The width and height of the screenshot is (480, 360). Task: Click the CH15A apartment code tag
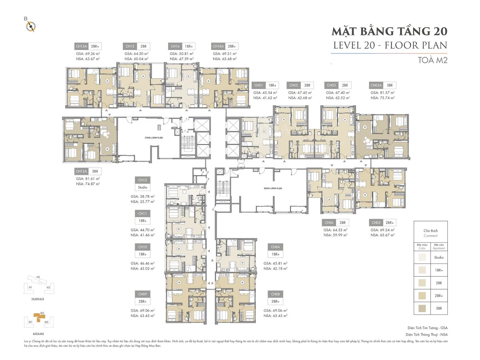(x=81, y=46)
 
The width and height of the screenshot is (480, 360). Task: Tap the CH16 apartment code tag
(x=175, y=46)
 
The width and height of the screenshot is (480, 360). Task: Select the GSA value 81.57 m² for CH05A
(x=382, y=93)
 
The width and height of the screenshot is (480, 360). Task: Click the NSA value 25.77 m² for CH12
(x=142, y=202)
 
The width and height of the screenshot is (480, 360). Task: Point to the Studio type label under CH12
(x=143, y=188)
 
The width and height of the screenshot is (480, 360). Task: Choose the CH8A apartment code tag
(x=275, y=247)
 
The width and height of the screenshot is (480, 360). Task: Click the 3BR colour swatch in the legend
(x=422, y=308)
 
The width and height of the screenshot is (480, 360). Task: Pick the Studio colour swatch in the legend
(x=422, y=257)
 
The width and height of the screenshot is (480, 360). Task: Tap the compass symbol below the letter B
(x=31, y=26)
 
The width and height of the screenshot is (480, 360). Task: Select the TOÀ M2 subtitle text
(x=433, y=60)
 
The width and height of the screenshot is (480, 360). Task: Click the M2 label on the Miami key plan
(x=42, y=313)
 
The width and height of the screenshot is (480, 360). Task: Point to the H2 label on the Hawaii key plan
(x=38, y=277)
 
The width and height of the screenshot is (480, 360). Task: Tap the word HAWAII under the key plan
(x=38, y=299)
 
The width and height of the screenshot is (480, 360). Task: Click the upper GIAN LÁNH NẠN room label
(x=154, y=138)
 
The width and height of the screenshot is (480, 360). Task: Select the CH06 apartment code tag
(x=329, y=223)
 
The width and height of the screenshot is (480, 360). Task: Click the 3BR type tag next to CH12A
(x=95, y=172)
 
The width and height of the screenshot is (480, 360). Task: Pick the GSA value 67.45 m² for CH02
(x=300, y=93)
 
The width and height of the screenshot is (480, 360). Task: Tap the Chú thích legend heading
(x=430, y=231)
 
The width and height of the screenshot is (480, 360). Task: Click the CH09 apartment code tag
(x=143, y=294)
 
